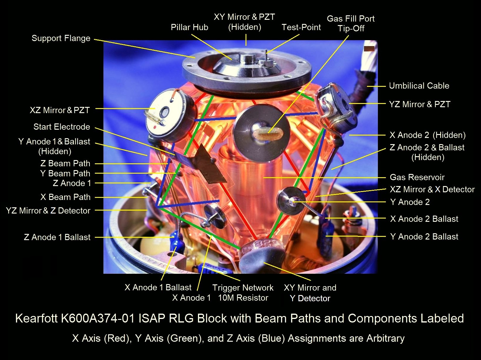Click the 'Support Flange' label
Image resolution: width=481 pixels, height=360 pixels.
61,38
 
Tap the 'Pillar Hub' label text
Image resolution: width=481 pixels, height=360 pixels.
189,27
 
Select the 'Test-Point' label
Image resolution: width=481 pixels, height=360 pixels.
301,27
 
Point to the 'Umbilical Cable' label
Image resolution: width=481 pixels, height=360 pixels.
419,86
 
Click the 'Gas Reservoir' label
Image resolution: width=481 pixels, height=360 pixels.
417,177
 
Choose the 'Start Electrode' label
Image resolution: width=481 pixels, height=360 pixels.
62,127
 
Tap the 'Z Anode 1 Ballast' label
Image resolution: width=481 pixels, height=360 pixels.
57,237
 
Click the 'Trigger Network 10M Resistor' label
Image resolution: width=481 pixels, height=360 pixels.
243,293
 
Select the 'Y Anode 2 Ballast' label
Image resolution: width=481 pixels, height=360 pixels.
424,237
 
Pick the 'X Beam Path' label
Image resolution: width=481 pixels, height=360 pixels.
65,197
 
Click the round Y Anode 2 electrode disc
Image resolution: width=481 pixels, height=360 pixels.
291,201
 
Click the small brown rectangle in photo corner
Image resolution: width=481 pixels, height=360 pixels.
369,49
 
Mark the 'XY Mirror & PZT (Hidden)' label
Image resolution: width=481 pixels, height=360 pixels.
244,22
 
